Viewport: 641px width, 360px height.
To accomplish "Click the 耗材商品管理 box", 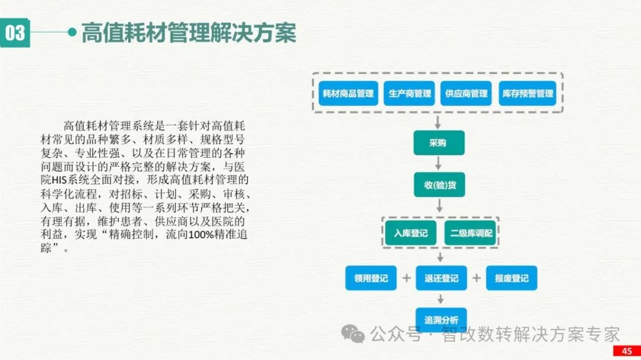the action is point(348,94).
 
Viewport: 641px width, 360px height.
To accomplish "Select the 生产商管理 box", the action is point(410,94).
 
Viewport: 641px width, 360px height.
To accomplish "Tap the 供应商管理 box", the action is point(467,94).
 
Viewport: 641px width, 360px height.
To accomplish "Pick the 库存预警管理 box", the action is point(528,94).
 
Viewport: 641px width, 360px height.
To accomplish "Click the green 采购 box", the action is point(439,143).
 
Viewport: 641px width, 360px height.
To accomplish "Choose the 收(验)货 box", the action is point(439,184).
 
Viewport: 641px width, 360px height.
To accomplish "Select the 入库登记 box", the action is point(411,232).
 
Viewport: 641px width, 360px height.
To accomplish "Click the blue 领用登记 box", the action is point(371,278).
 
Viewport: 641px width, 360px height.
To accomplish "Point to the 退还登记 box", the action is point(441,278).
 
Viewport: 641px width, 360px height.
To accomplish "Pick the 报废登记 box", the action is point(511,278).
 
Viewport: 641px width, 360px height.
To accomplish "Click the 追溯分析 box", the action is point(441,320).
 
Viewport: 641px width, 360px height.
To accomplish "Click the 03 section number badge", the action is point(15,33).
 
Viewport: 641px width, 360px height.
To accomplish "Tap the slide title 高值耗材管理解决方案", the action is point(188,33).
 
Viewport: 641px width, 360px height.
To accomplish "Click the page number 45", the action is point(627,351).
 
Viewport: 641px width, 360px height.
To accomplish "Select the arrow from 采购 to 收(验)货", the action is point(439,163).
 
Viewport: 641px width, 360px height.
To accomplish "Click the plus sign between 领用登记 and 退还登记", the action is point(407,278).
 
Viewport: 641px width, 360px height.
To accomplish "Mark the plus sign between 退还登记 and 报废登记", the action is point(476,278).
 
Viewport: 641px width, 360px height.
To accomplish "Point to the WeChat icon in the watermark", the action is point(357,336).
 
